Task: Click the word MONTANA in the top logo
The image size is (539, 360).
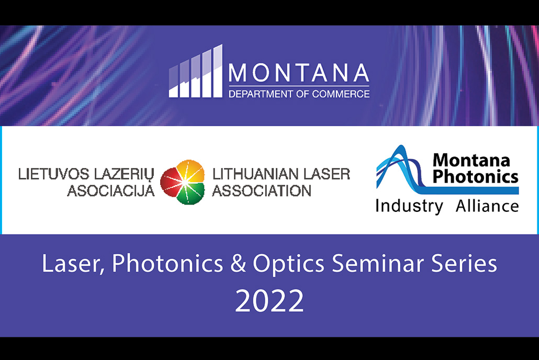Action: tap(299, 73)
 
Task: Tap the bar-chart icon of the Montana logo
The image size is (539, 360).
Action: tap(195, 71)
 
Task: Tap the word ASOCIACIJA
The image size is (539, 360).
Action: tap(111, 191)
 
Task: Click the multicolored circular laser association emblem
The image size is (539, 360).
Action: tap(183, 182)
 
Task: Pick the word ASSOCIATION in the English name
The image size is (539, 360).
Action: tap(262, 191)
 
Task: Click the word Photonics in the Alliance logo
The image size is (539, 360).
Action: tap(475, 177)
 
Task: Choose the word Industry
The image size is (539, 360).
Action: tap(409, 206)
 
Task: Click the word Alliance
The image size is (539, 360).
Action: tap(487, 206)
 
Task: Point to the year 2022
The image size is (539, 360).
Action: tap(269, 300)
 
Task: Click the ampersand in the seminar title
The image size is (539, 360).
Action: tap(238, 264)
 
